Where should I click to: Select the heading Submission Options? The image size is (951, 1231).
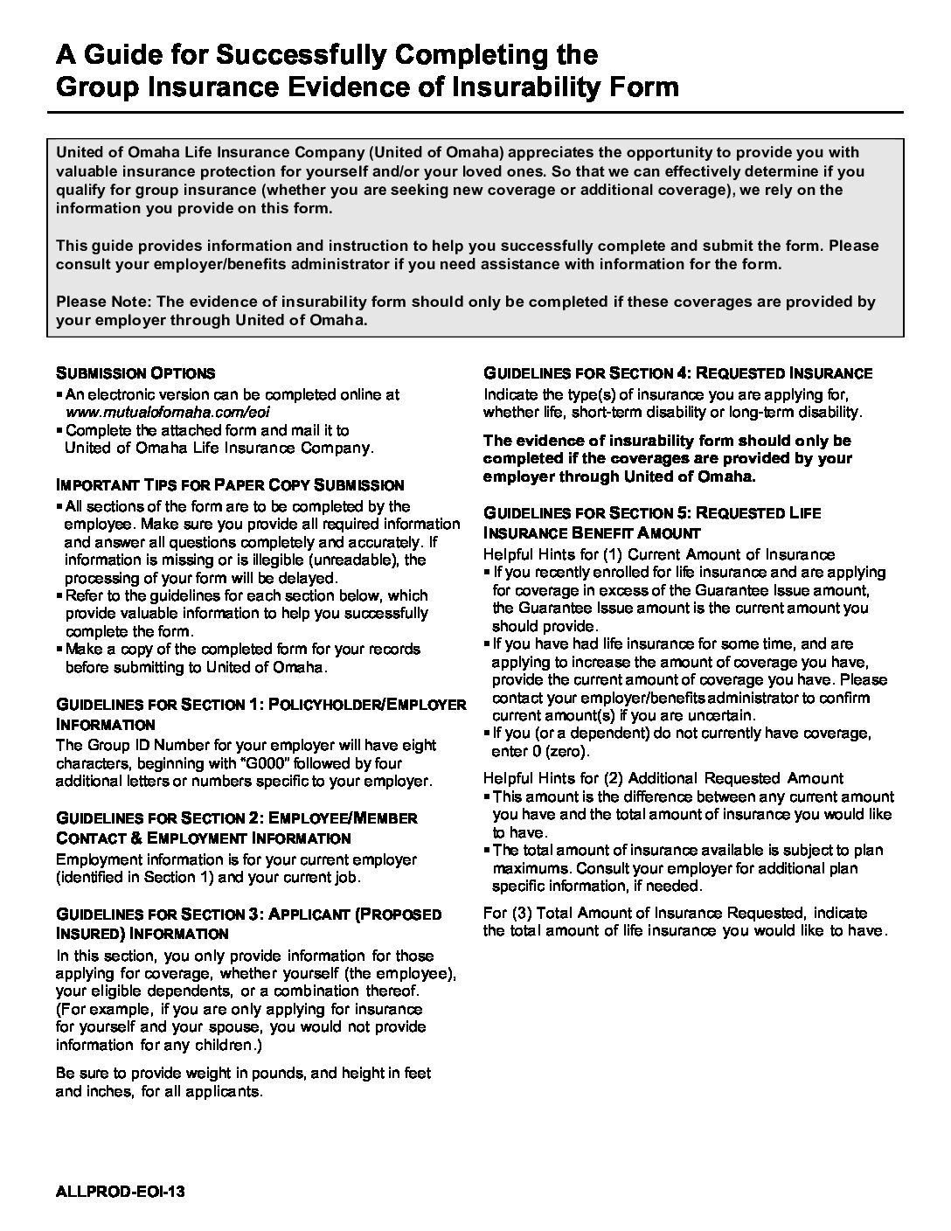point(135,372)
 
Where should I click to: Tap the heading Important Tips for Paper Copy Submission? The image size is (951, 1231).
point(230,484)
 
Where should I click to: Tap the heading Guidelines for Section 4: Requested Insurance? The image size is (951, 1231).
point(677,373)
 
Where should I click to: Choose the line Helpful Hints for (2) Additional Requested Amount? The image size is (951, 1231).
point(663,777)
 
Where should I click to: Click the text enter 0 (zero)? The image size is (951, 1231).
point(541,751)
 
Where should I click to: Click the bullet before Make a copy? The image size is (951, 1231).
point(59,650)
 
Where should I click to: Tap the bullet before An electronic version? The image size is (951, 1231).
point(59,395)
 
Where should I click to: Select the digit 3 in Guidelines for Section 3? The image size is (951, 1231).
point(253,915)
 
